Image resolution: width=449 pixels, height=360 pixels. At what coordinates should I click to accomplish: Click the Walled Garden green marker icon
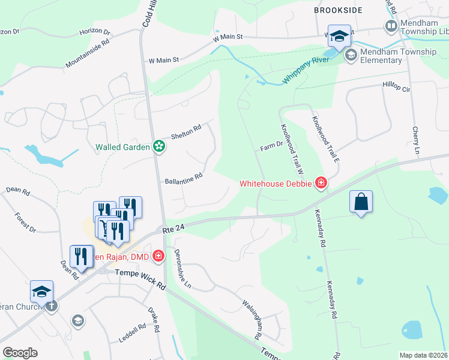pos(159,146)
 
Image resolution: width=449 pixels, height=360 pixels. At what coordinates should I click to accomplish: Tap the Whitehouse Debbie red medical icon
pos(321,183)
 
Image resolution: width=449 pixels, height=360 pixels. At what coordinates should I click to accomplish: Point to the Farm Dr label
pos(271,146)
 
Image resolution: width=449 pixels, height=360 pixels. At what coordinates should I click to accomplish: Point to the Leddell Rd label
pos(133,334)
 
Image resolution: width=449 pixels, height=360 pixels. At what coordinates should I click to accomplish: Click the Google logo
pos(20,352)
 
